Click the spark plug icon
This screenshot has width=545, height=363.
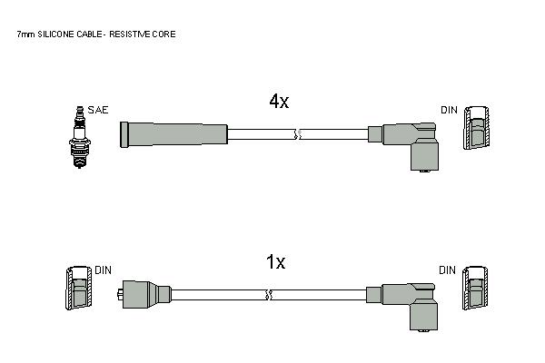(80, 137)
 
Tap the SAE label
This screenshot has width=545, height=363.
(98, 110)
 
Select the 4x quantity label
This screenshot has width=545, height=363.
(279, 101)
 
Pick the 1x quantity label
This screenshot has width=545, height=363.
(275, 262)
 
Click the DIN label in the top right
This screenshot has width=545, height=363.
(449, 110)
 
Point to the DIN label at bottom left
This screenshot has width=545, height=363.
(104, 270)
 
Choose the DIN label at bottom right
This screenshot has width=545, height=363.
(447, 270)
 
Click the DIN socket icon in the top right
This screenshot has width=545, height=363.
(476, 128)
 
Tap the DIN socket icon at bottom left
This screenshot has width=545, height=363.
(79, 289)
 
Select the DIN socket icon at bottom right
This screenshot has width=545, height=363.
(475, 289)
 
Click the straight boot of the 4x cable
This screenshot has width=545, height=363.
(173, 134)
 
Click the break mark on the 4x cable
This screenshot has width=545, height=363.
(298, 134)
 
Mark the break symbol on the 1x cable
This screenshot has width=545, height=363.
(268, 295)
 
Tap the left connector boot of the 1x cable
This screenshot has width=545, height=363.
(144, 294)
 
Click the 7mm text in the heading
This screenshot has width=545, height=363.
(26, 34)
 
